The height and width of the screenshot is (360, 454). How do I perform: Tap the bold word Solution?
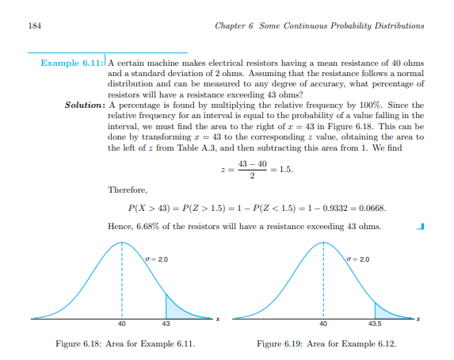85,104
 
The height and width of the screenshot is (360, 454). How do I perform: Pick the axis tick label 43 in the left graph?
166,324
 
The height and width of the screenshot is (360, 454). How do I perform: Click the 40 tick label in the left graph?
122,324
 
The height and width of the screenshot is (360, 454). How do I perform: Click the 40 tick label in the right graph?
323,324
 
